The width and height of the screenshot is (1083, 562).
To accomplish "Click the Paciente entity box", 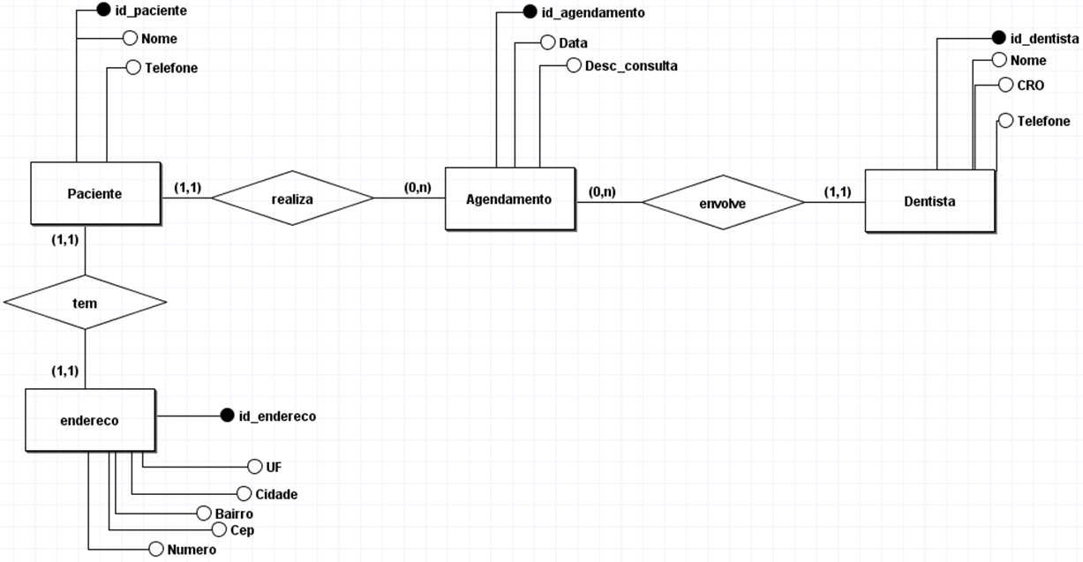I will point(95,193).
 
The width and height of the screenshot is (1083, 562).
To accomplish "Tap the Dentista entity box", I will point(929,201).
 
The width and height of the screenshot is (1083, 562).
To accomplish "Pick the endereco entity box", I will point(89,421).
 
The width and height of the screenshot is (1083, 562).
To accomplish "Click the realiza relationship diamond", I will point(292,199).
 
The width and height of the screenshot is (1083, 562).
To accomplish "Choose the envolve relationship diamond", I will point(722,203).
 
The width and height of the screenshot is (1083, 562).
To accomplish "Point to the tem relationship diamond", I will point(85,303).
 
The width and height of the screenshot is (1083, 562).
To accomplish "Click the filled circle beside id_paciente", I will point(102,11).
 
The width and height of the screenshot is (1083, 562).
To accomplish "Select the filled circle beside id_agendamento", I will point(530,12).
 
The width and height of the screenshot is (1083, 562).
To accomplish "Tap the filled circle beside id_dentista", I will point(998,38).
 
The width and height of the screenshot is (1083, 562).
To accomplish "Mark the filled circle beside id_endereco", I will point(227,415).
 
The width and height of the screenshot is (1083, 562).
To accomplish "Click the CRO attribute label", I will point(1030,86).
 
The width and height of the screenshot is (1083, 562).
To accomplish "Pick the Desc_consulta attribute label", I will point(631,66).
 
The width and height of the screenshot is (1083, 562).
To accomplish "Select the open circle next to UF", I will point(254,467).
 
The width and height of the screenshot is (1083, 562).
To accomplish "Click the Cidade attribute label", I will point(275,494).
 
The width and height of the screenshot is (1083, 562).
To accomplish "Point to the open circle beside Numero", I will point(155,549).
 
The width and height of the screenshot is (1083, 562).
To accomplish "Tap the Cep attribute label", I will point(243,530).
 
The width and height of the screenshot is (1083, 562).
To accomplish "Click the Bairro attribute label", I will point(234,513).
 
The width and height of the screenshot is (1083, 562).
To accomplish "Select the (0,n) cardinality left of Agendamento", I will point(417,187).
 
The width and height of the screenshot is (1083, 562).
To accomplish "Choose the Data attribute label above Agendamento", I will point(573,42).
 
